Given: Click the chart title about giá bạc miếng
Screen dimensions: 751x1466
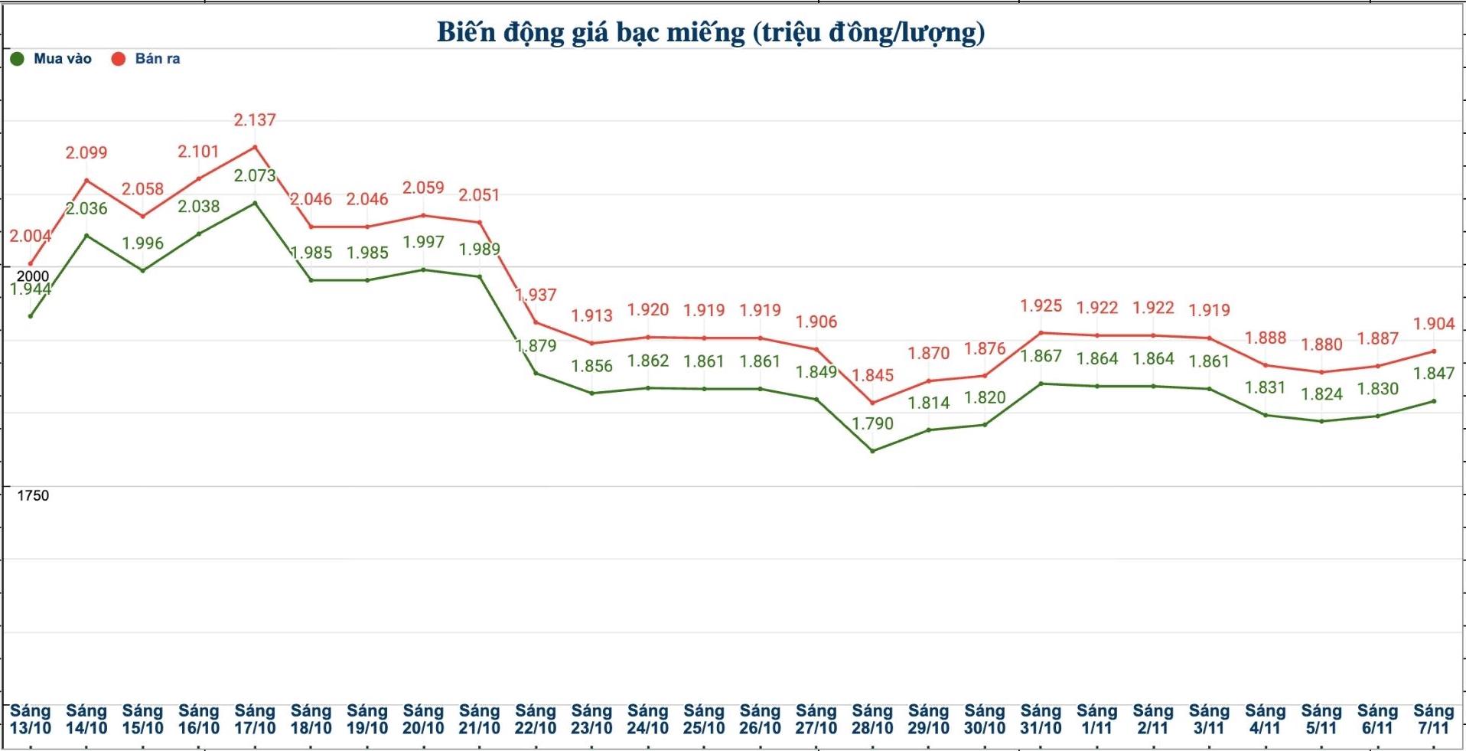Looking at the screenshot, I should click(711, 32).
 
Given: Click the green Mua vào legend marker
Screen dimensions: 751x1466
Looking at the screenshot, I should click(17, 59).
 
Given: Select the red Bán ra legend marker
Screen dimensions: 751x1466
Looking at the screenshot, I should click(119, 59).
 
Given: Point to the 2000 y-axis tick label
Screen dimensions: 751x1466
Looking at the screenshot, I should click(33, 276).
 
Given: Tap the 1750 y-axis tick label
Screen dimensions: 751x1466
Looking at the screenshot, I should click(33, 495).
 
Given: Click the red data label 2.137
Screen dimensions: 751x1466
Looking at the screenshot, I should click(255, 120).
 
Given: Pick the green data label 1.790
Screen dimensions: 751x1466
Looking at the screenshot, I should click(872, 423).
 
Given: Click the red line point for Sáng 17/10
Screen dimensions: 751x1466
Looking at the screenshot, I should click(255, 147).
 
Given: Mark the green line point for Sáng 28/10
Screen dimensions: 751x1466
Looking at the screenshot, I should click(872, 451).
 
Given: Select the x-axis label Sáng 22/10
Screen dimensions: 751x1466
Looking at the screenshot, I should click(536, 720).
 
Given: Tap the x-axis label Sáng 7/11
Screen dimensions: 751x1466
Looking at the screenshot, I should click(1433, 720).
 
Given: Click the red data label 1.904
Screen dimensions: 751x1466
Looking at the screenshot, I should click(1434, 324).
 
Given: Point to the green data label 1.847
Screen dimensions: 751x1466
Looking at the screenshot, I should click(1434, 374).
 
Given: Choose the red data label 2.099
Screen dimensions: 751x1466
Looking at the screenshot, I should click(86, 153).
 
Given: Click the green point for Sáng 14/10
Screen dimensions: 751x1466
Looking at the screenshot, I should click(86, 235).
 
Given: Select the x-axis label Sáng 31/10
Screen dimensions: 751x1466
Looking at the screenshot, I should click(1041, 720).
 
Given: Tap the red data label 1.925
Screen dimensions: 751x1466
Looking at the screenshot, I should click(1041, 306).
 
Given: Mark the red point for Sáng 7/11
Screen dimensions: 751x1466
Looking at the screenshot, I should click(1433, 351).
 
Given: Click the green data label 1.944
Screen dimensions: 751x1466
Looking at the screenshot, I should click(30, 289).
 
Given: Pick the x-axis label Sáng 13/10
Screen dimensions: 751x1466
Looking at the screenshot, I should click(30, 720).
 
